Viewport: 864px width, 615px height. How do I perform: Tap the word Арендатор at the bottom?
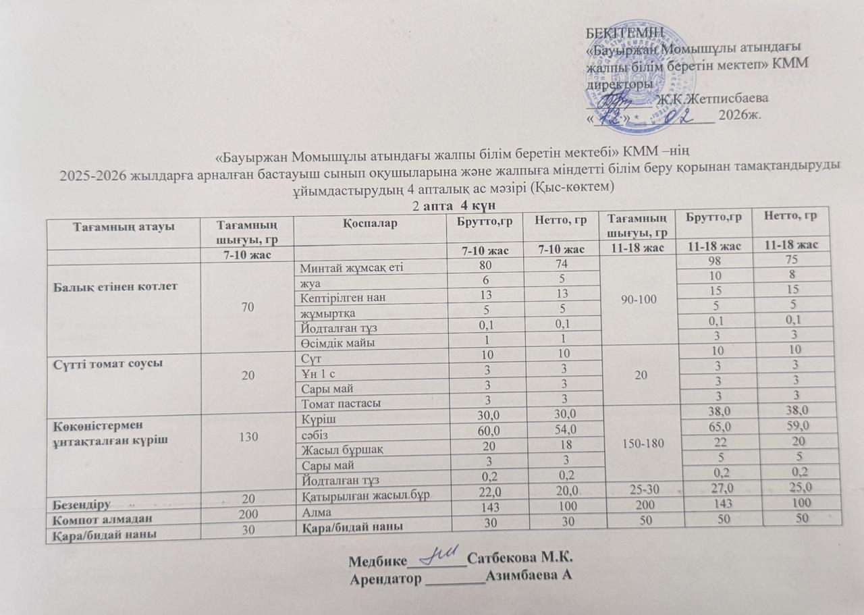(385, 579)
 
